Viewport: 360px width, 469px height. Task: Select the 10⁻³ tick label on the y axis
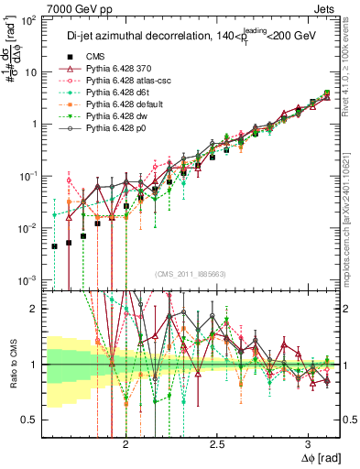(30, 279)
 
